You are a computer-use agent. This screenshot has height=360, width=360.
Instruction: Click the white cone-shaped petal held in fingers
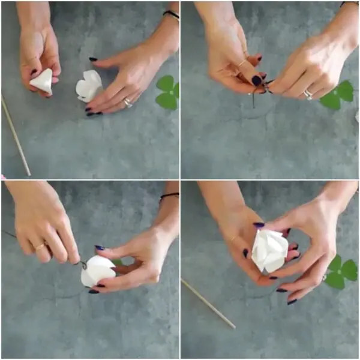42,82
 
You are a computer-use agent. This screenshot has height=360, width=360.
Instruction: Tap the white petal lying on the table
88,86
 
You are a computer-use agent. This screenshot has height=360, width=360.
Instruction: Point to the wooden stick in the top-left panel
15,134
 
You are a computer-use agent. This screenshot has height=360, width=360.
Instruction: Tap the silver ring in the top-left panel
127,103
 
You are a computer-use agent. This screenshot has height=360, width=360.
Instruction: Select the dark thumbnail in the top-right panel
256,80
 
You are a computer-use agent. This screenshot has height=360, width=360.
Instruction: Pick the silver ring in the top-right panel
308,94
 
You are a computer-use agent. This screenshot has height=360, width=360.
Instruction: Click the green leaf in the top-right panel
337,95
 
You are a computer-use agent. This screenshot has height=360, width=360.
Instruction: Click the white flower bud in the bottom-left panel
97,271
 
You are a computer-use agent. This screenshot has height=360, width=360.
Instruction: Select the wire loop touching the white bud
83,264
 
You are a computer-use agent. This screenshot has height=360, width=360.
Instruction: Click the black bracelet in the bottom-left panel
169,196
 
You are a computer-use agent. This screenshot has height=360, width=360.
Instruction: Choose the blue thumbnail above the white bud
99,247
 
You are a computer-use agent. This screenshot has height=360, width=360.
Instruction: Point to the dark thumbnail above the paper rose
259,226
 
